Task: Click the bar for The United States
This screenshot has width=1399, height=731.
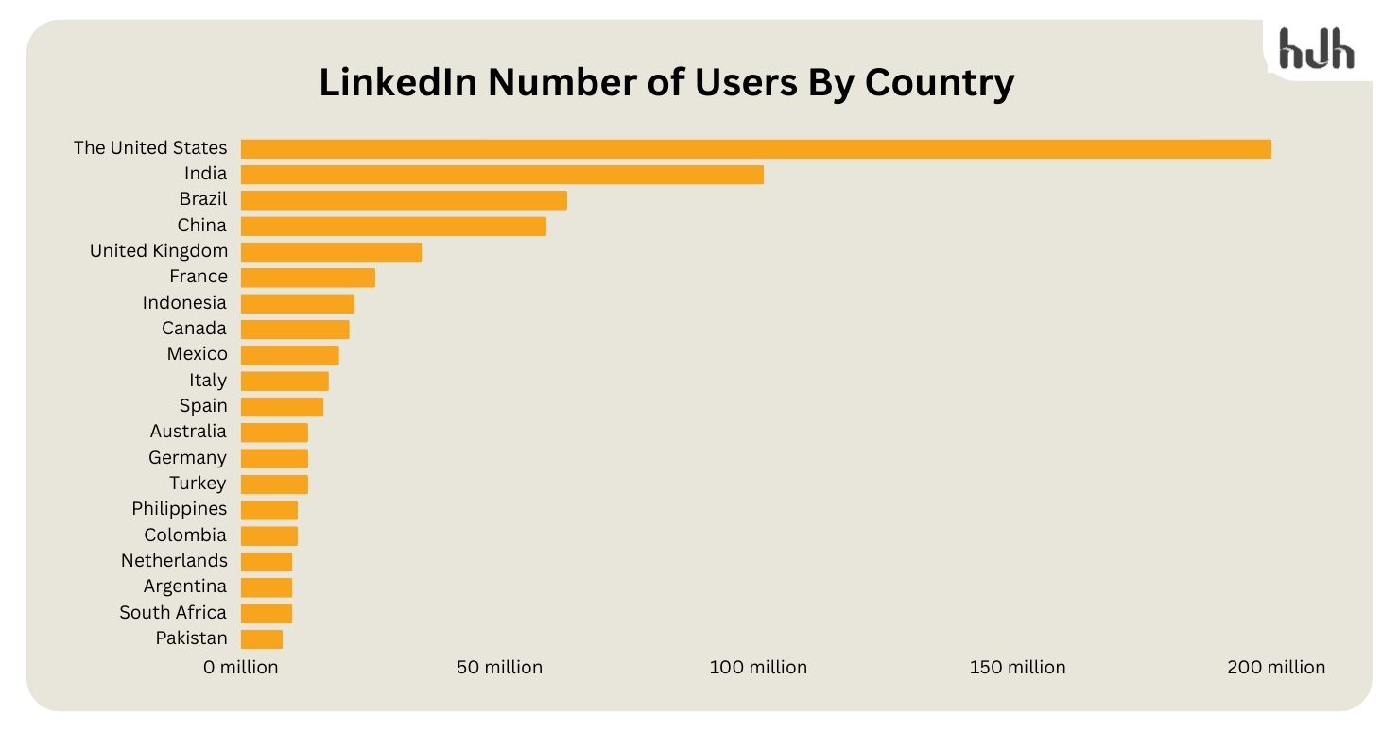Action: (x=755, y=148)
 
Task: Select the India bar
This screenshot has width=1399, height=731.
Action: (x=502, y=175)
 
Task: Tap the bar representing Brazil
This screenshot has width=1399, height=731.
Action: (x=404, y=200)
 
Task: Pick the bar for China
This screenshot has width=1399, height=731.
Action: (x=393, y=226)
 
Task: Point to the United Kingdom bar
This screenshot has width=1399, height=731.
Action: (x=331, y=252)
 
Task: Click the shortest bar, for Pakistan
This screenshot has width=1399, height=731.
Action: (x=262, y=639)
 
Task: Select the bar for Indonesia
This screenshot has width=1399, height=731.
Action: (x=298, y=303)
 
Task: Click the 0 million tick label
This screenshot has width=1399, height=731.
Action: (x=241, y=668)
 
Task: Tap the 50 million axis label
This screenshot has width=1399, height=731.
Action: (x=499, y=668)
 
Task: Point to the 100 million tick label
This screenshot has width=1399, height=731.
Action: (x=758, y=668)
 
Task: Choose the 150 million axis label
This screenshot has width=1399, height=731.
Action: (x=1017, y=668)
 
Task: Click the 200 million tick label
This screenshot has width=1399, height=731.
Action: (x=1276, y=668)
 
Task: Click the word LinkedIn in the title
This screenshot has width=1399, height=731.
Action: (x=397, y=83)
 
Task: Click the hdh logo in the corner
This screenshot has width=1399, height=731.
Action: (x=1316, y=49)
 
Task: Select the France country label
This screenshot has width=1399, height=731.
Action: (x=199, y=277)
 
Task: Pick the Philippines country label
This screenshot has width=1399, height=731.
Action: (x=180, y=509)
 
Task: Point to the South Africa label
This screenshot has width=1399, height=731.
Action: (x=173, y=613)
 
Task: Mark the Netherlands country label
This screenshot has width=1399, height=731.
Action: (x=174, y=561)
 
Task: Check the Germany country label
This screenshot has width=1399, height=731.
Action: (x=187, y=458)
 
